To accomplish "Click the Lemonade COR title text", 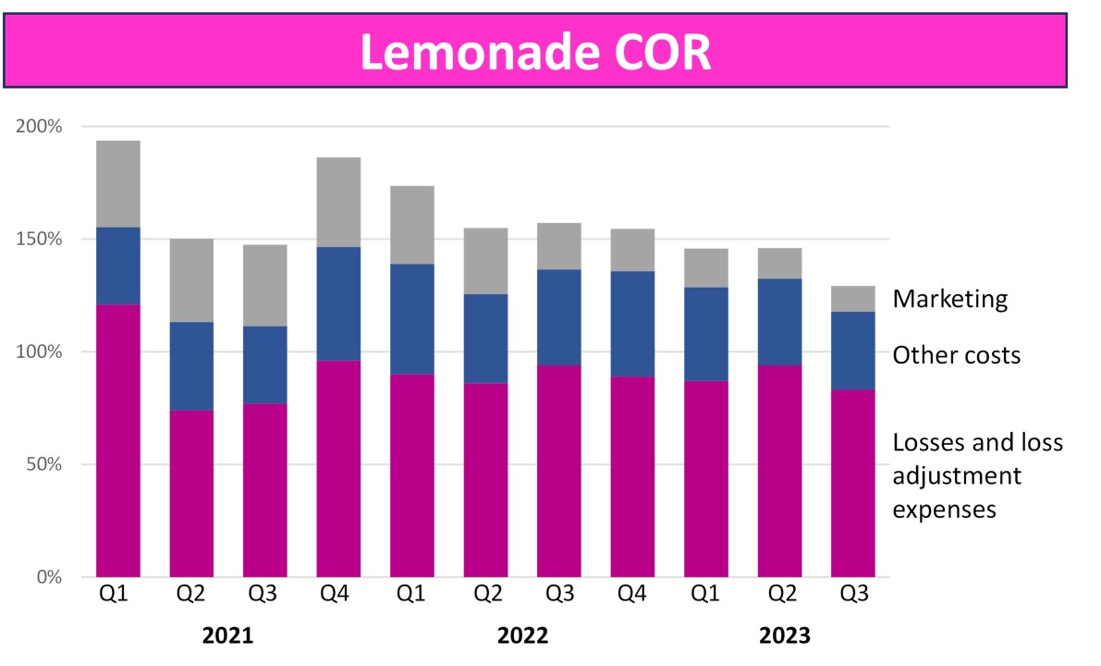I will [x=535, y=53].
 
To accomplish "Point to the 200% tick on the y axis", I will [x=39, y=127].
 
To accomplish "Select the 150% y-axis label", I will [x=39, y=240].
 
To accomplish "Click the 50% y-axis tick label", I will [x=43, y=464].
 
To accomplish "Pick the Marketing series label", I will [x=949, y=299].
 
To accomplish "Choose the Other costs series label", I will [x=956, y=355].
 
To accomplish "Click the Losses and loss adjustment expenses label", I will [x=977, y=475].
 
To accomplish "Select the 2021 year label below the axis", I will [x=227, y=636].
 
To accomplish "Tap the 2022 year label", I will [x=522, y=636].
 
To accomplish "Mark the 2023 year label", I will [x=784, y=636].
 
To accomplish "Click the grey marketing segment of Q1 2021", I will [x=118, y=184].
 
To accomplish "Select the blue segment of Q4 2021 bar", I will [x=338, y=303].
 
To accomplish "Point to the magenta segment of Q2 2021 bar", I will [x=191, y=493].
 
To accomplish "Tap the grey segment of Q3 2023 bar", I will [x=852, y=299].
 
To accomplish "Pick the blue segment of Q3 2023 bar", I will [x=852, y=351].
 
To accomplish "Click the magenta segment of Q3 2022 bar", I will [x=559, y=471].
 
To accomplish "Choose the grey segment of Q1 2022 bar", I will [x=412, y=225].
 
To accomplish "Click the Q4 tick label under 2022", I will [x=632, y=595].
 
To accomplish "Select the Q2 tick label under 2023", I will [x=779, y=595].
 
